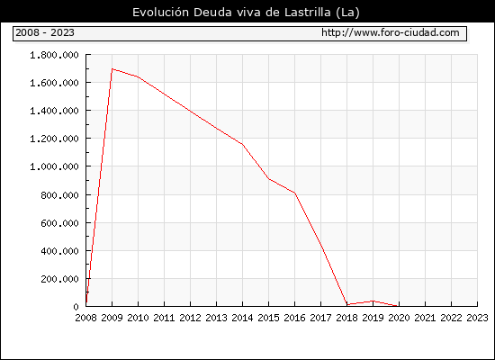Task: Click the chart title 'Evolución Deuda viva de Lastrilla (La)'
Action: click(x=246, y=13)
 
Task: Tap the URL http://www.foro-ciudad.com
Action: click(x=391, y=32)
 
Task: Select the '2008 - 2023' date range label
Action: click(x=45, y=32)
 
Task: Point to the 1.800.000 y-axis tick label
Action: click(x=54, y=55)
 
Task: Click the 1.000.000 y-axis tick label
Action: click(x=54, y=166)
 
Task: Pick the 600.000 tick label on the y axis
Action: click(x=59, y=223)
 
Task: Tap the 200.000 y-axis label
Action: click(x=59, y=279)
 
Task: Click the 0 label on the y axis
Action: click(x=76, y=307)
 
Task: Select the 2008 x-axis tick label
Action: click(x=85, y=318)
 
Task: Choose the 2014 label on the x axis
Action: click(x=242, y=318)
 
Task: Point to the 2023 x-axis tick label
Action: click(x=477, y=318)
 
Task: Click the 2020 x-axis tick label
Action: click(x=399, y=318)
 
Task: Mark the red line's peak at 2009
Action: click(x=112, y=68)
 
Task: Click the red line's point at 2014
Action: click(x=242, y=144)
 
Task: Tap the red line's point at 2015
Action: click(x=269, y=179)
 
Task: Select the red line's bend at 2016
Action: click(x=295, y=193)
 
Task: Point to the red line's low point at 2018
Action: click(x=346, y=304)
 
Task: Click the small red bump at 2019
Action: click(x=373, y=301)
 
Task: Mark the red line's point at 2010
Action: click(x=139, y=76)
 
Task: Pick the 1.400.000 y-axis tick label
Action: click(x=54, y=111)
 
